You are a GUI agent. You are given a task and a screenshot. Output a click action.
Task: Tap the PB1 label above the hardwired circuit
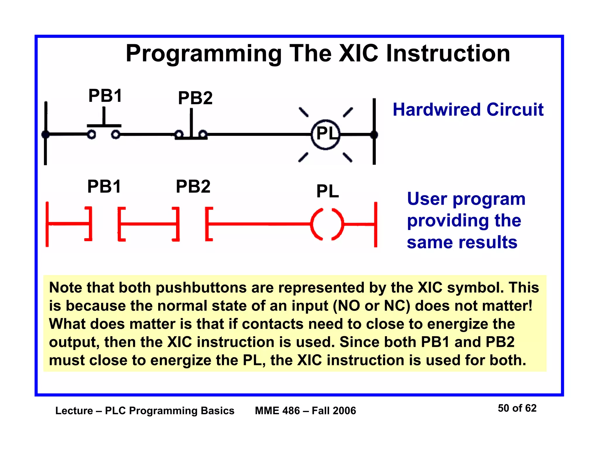click(105, 96)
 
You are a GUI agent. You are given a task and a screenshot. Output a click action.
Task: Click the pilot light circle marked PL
click(326, 134)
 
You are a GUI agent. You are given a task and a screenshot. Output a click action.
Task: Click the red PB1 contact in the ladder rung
click(105, 224)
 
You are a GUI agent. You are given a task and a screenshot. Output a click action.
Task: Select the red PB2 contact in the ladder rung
click(193, 224)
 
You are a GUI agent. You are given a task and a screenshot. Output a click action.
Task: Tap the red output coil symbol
click(327, 224)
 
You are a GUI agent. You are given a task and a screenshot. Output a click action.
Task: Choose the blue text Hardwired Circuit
click(468, 110)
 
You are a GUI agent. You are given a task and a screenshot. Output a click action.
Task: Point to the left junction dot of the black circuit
click(46, 135)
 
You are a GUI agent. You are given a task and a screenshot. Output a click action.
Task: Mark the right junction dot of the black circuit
click(374, 135)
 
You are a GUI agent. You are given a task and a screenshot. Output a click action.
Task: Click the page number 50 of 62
click(517, 408)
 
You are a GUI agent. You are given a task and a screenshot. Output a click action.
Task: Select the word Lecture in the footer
click(74, 411)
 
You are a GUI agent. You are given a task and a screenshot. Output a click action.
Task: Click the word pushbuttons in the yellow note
click(201, 288)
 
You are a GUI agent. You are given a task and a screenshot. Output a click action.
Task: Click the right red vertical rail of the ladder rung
click(376, 224)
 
